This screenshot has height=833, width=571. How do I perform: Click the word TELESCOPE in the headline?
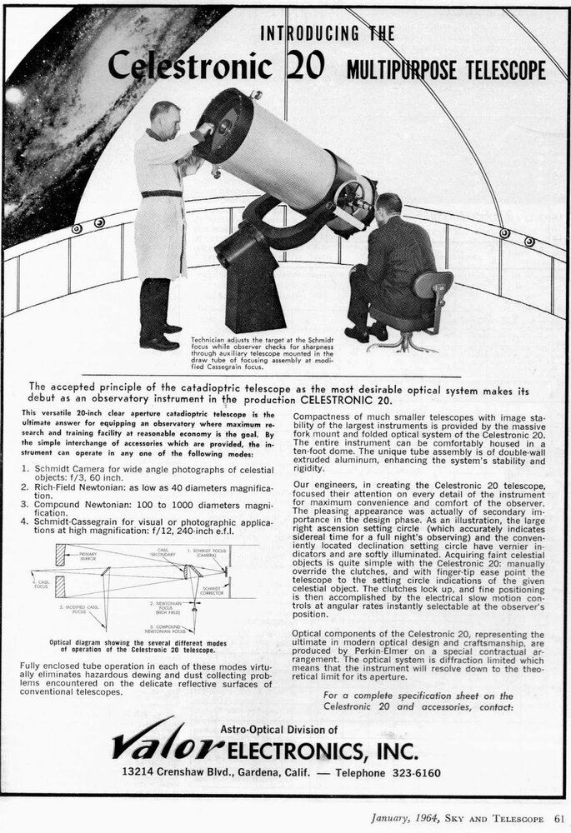(x=499, y=69)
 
